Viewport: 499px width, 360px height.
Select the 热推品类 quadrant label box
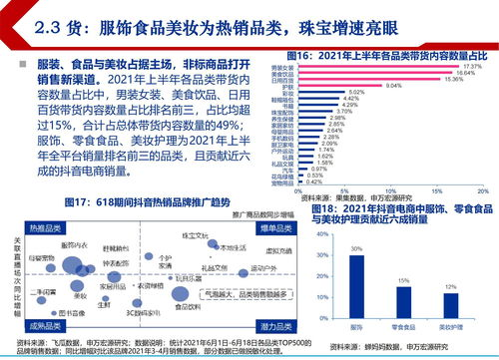[44, 228]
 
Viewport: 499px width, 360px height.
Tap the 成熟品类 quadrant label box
[44, 325]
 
